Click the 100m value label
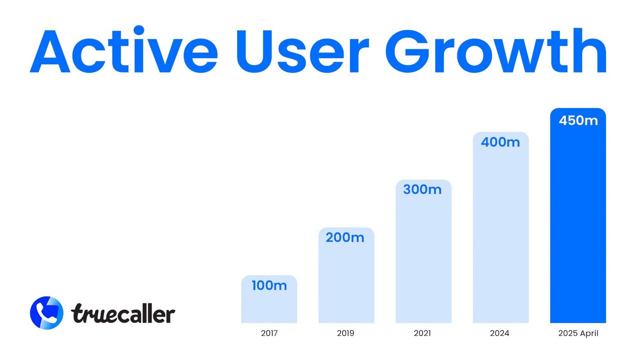[269, 286]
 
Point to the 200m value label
[345, 238]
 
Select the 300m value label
[422, 190]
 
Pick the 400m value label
[500, 142]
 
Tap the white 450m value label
[578, 120]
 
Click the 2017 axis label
[269, 333]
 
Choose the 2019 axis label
[346, 333]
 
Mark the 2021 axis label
[423, 333]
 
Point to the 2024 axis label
[500, 333]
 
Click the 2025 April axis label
[578, 333]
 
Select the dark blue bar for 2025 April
[578, 225]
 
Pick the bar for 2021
[423, 260]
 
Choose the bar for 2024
[500, 235]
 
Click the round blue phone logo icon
[46, 312]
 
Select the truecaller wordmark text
[123, 313]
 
